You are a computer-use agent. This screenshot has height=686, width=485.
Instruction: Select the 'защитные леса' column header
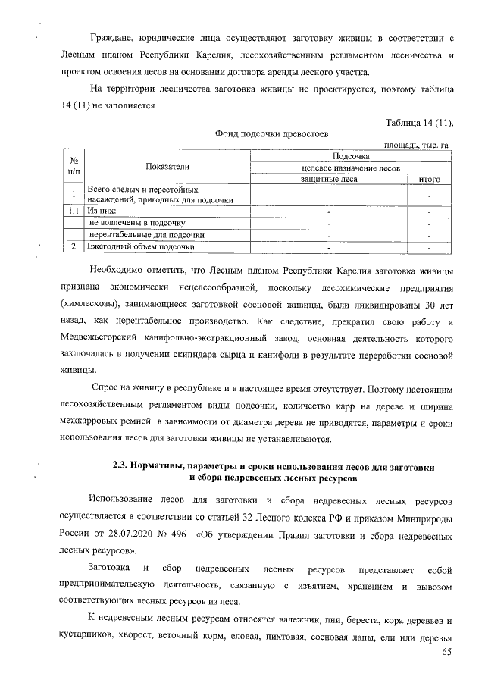click(x=328, y=179)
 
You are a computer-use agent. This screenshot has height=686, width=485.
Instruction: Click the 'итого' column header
click(x=429, y=179)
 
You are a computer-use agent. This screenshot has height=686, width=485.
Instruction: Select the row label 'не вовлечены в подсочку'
click(x=137, y=223)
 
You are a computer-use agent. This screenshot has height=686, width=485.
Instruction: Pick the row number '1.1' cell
click(x=74, y=211)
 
